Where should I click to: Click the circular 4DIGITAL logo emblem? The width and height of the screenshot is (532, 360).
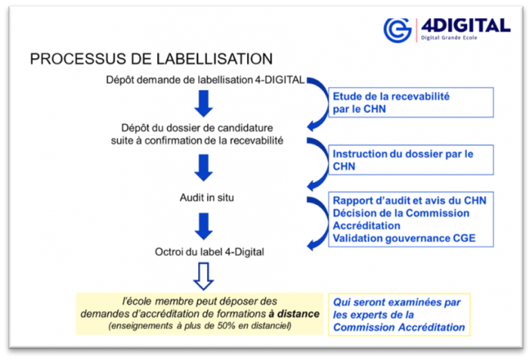coord(398,30)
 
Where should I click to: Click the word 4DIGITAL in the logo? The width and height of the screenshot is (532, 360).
coord(465,26)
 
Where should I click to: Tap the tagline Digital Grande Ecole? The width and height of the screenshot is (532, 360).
coord(449,37)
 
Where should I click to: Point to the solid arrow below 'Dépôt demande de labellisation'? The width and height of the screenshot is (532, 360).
coord(204,103)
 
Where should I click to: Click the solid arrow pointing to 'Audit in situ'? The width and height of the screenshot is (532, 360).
coord(204,168)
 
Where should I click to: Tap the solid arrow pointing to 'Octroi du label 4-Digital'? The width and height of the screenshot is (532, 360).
coord(204,226)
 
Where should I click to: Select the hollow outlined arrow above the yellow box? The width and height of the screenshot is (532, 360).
coord(204,276)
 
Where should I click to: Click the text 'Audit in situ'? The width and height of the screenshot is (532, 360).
coord(206,197)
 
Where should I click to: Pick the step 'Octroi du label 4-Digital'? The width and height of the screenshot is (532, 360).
coord(209,252)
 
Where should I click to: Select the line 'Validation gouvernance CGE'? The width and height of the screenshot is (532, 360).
coord(404,238)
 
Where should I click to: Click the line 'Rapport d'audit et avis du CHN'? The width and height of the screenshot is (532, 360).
coord(409,200)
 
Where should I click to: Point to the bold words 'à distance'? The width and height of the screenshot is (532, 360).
coord(294,314)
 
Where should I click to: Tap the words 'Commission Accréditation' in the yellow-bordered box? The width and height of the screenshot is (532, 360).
coord(399,327)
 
